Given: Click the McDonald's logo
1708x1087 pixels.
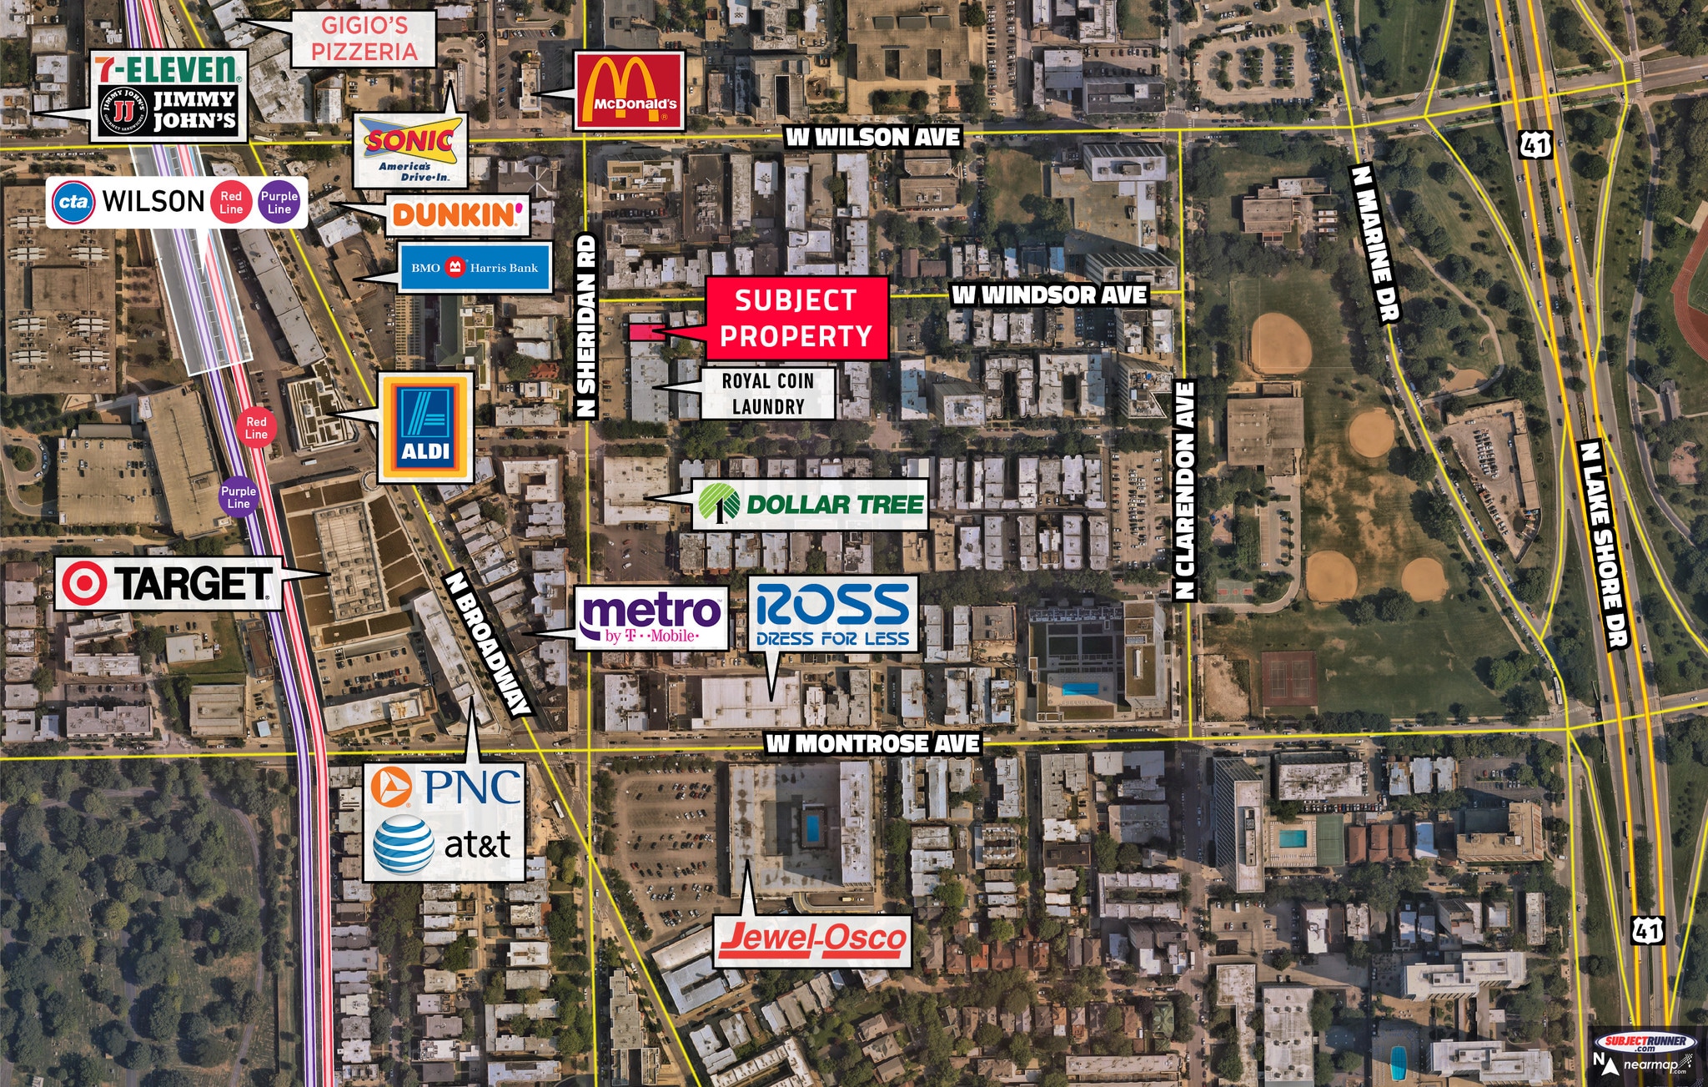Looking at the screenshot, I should (x=630, y=90).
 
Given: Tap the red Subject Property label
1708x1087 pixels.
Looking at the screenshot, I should (x=796, y=318).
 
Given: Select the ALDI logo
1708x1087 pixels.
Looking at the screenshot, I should (x=425, y=426).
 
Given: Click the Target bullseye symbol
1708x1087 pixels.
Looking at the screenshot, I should (x=84, y=583).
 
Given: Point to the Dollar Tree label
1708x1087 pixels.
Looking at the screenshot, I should (x=810, y=504).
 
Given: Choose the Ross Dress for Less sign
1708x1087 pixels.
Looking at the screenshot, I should (x=832, y=615).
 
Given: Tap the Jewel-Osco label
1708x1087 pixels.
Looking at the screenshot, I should (x=811, y=939).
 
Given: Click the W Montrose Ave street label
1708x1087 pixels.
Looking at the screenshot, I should (x=872, y=743).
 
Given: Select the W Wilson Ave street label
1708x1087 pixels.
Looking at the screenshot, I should (x=872, y=137).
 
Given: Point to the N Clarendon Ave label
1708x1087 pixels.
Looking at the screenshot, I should (x=1184, y=491).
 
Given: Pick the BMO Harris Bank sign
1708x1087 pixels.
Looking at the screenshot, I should (x=475, y=268).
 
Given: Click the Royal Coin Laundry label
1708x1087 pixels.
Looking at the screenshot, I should (x=767, y=393).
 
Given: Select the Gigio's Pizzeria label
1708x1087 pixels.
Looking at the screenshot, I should (x=364, y=38).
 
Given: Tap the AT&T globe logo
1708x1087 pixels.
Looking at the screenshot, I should (x=404, y=844).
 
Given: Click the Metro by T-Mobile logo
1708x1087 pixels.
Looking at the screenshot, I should (x=651, y=618).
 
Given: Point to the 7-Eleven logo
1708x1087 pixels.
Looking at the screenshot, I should (x=166, y=68).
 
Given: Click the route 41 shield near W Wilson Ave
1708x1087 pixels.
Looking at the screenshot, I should (x=1535, y=144).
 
